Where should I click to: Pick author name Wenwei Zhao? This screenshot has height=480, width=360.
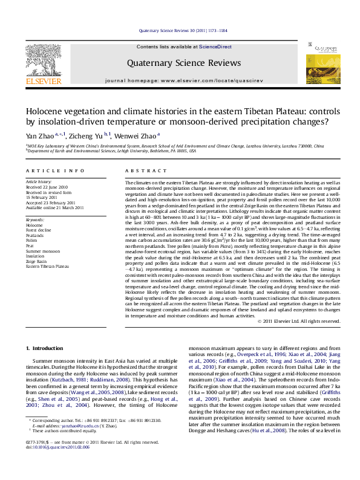[139, 137]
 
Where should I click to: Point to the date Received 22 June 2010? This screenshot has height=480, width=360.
[46, 187]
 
